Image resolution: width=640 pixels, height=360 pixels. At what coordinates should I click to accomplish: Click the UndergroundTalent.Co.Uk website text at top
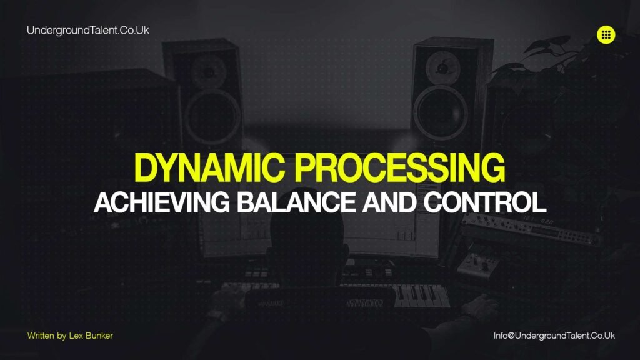[88, 30]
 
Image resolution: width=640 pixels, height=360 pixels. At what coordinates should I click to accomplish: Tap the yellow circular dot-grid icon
[606, 35]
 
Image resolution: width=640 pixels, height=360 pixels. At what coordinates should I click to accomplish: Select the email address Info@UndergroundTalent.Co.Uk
[554, 336]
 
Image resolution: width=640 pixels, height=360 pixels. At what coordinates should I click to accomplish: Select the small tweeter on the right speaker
[444, 66]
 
